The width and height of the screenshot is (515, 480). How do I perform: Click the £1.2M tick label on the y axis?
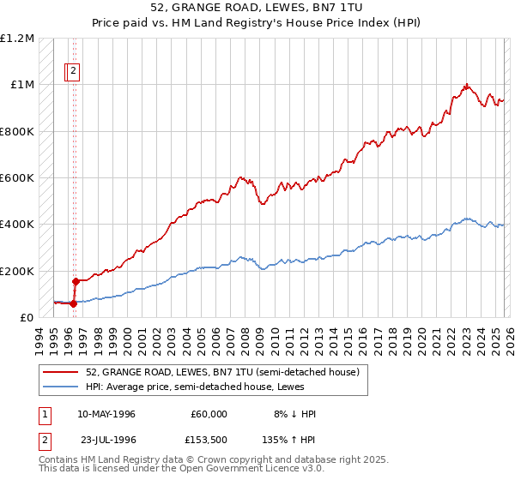(17, 39)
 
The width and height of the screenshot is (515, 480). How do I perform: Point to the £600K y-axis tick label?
(17, 178)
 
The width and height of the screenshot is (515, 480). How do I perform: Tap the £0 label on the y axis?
(27, 317)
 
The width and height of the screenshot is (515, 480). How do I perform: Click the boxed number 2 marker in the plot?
(74, 72)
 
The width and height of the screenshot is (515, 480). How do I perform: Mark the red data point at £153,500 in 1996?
(76, 281)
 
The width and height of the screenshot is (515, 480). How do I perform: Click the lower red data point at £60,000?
(73, 303)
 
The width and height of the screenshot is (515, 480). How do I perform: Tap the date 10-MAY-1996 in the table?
(106, 414)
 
